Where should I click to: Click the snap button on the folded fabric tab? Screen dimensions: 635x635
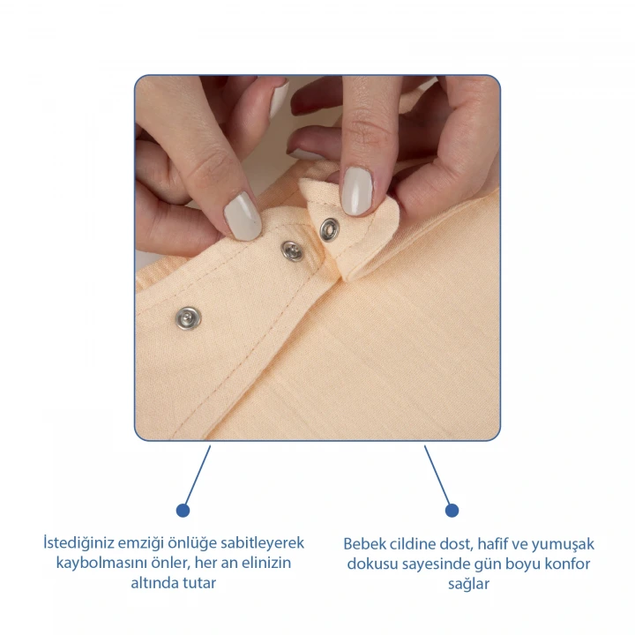click(329, 229)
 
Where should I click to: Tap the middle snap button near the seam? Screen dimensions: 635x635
click(292, 251)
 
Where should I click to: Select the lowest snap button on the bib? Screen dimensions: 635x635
click(189, 317)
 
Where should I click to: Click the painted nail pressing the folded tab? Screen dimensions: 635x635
click(357, 191)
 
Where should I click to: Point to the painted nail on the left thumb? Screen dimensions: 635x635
click(243, 216)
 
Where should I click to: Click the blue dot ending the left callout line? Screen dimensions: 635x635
click(183, 511)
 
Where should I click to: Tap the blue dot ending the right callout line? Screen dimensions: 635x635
click(452, 511)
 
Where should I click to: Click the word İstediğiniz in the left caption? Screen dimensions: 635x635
click(78, 543)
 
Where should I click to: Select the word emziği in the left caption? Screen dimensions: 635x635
click(140, 543)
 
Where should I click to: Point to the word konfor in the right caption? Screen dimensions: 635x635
click(567, 564)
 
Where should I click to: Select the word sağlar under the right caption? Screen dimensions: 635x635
click(468, 585)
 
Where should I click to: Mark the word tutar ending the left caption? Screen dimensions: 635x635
click(199, 583)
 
